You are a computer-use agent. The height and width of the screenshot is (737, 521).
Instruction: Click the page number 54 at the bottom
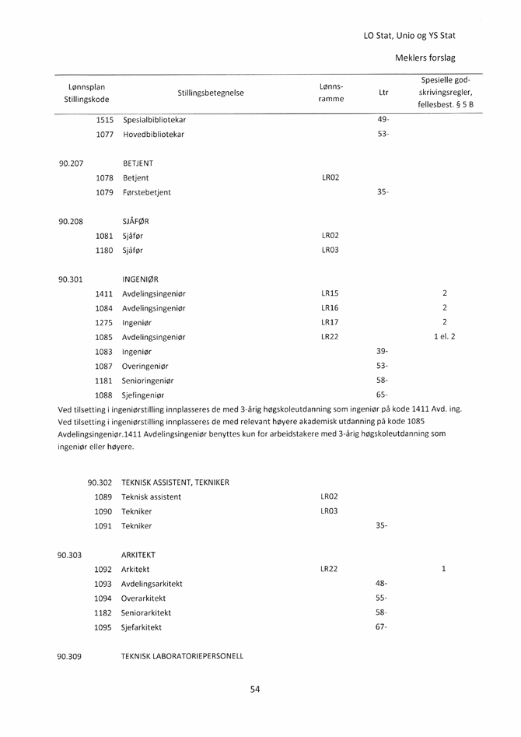tap(255, 688)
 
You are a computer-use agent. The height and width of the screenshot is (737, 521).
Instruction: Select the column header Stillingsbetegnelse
tap(210, 93)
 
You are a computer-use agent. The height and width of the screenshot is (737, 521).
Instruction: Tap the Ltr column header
tap(383, 93)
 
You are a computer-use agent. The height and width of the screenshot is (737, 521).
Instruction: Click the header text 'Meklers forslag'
tap(425, 58)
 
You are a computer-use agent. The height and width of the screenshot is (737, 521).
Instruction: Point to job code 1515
tap(104, 120)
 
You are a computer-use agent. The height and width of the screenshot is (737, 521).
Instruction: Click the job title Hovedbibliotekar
tap(153, 135)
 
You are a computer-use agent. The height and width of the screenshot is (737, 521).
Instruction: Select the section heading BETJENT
tap(138, 163)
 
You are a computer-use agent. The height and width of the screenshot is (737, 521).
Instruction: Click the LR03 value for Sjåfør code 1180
tap(330, 251)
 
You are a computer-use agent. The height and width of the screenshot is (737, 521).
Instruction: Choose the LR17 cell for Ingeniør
tap(330, 322)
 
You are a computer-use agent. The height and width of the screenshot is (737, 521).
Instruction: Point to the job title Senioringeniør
tap(148, 381)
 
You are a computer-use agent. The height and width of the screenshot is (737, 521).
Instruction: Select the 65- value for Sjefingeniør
tap(382, 395)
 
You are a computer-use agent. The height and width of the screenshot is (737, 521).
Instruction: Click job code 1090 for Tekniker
tap(103, 511)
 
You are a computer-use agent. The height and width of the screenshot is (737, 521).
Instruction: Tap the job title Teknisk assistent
tap(151, 497)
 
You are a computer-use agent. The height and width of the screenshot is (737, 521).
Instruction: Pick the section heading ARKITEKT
tap(138, 555)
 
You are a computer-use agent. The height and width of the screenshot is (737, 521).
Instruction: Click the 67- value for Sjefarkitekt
tap(381, 627)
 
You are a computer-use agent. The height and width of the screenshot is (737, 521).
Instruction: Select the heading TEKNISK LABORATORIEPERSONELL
tap(182, 656)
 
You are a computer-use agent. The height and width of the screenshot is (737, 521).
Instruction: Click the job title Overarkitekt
tap(143, 598)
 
